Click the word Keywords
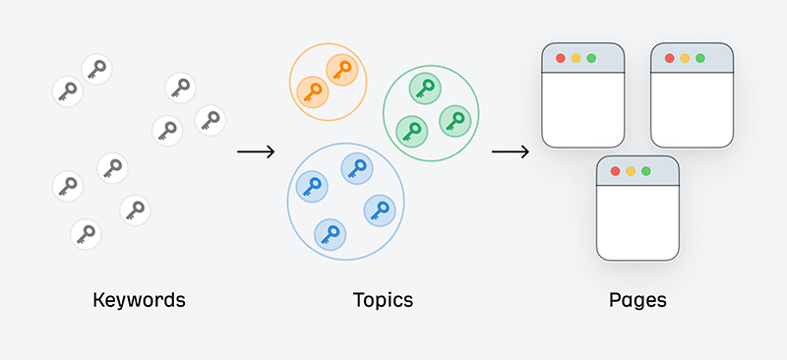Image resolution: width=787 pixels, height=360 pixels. pyautogui.click(x=139, y=299)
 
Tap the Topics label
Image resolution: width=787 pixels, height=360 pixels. pyautogui.click(x=383, y=299)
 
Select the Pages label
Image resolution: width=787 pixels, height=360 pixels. pyautogui.click(x=637, y=299)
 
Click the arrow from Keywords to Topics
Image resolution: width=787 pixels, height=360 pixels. pyautogui.click(x=256, y=151)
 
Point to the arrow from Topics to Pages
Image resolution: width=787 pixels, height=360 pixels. pyautogui.click(x=511, y=151)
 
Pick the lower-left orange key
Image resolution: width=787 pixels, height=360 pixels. pyautogui.click(x=312, y=91)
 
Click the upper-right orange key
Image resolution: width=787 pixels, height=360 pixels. pyautogui.click(x=340, y=71)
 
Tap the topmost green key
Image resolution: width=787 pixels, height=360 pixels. pyautogui.click(x=425, y=88)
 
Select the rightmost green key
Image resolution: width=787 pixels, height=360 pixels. pyautogui.click(x=454, y=120)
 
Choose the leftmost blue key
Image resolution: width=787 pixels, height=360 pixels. pyautogui.click(x=311, y=185)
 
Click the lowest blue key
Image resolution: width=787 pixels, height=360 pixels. pyautogui.click(x=330, y=234)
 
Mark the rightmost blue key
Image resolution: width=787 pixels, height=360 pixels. pyautogui.click(x=379, y=210)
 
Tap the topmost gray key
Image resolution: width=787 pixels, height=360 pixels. pyautogui.click(x=96, y=69)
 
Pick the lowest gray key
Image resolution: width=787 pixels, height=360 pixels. pyautogui.click(x=86, y=234)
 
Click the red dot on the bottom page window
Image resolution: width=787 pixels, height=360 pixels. pyautogui.click(x=615, y=171)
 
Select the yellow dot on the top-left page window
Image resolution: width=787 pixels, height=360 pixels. pyautogui.click(x=575, y=58)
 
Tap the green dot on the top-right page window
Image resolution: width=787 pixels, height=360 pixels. pyautogui.click(x=699, y=58)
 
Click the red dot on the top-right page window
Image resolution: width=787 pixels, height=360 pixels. pyautogui.click(x=669, y=58)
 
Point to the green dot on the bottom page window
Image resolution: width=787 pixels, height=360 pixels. pyautogui.click(x=646, y=171)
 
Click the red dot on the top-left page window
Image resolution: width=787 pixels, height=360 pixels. pyautogui.click(x=560, y=58)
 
